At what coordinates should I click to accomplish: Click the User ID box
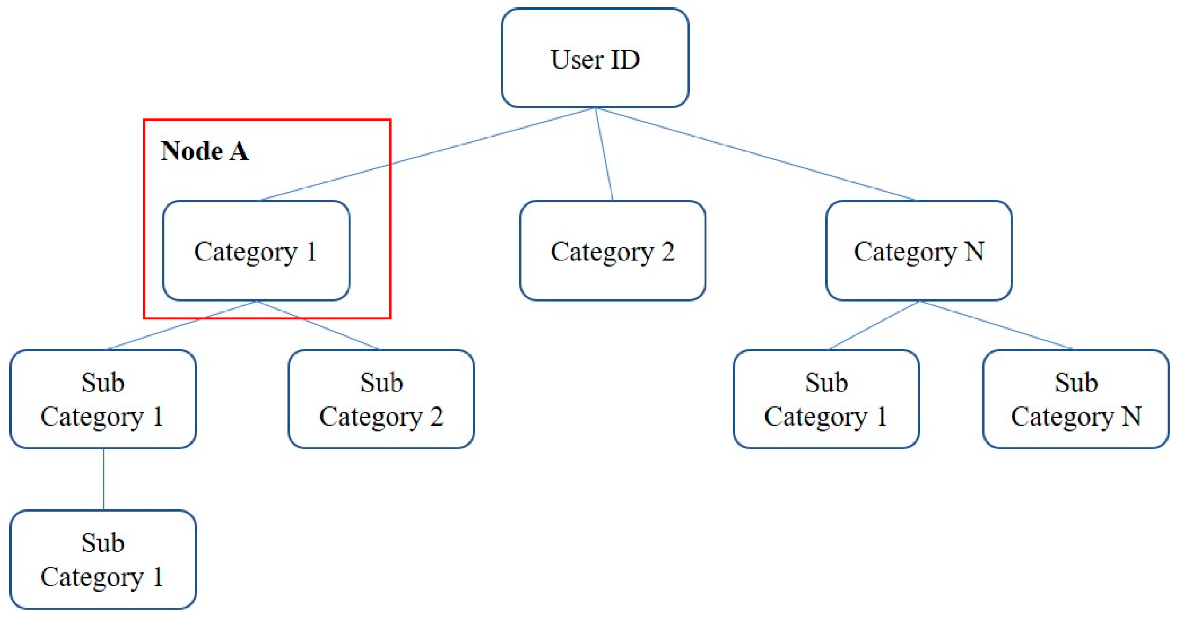(595, 58)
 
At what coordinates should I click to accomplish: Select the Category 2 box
(612, 251)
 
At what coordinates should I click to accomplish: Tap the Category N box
(919, 251)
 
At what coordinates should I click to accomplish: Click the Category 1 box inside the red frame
(256, 251)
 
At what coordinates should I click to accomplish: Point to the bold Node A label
(204, 151)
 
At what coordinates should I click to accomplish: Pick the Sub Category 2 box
(381, 399)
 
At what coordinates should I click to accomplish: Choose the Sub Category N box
(1076, 399)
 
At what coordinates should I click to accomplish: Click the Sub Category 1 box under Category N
(826, 399)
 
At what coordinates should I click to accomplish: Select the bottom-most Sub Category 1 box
(103, 560)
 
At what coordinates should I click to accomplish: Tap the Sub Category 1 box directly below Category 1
(103, 399)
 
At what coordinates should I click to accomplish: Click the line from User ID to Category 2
(604, 154)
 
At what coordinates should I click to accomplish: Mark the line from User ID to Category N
(756, 154)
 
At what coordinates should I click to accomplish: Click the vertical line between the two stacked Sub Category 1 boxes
(103, 479)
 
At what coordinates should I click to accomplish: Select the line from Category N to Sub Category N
(997, 325)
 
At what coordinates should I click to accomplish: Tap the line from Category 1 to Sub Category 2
(318, 325)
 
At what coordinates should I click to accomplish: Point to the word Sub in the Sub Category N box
(1076, 383)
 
